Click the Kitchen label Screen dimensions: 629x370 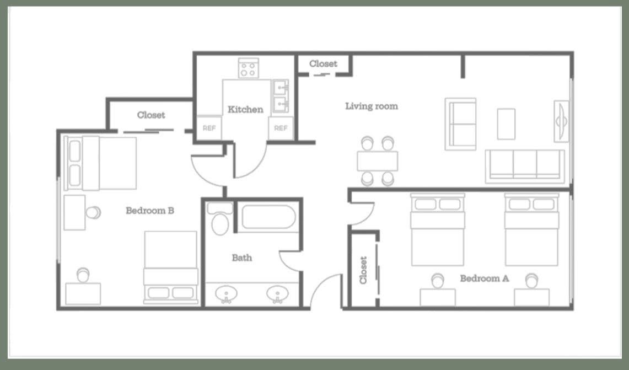[x=245, y=110]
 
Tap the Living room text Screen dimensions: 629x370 [x=372, y=106]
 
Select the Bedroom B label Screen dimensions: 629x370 [x=150, y=211]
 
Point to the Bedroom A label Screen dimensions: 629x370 [x=484, y=278]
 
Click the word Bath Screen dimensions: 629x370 [x=242, y=258]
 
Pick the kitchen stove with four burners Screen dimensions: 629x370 [x=248, y=68]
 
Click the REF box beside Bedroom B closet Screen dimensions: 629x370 [x=209, y=128]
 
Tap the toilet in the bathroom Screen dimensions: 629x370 [x=220, y=219]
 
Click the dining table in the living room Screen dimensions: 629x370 [x=378, y=161]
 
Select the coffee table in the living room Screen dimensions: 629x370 [x=506, y=124]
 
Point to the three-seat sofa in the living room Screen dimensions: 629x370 [x=525, y=166]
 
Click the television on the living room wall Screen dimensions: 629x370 [x=561, y=121]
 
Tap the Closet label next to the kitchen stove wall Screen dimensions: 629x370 [x=324, y=64]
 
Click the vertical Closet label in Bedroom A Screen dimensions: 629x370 [x=363, y=270]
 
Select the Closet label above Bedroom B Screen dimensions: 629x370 [x=151, y=115]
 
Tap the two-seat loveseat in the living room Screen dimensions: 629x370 [x=460, y=124]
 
